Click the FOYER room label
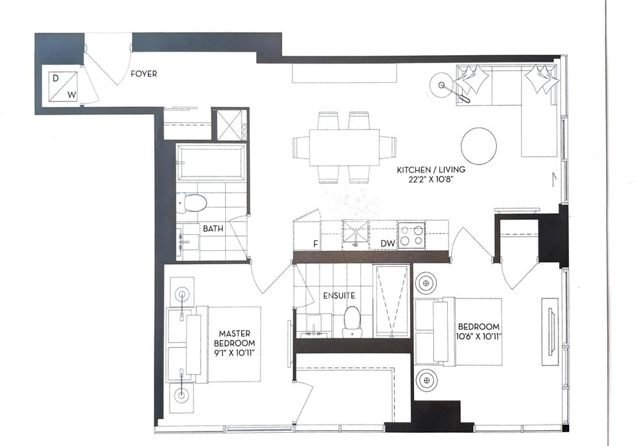pos(144,74)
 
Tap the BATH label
pos(213,229)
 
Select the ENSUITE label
pos(339,296)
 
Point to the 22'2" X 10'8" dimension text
pos(431,179)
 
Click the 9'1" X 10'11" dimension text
pos(235,353)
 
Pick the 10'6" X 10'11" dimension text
pos(478,336)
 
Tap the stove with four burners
pos(411,235)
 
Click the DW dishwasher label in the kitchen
pos(388,244)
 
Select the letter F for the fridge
pos(315,244)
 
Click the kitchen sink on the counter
pos(356,234)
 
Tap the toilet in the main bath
pos(192,202)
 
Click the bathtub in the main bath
pos(211,163)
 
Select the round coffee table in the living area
pos(479,146)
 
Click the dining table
pos(344,147)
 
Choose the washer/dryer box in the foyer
pos(63,86)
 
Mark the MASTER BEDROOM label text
pos(235,338)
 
